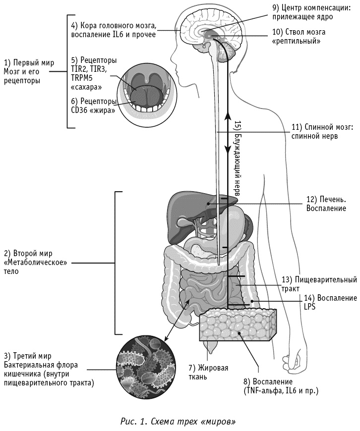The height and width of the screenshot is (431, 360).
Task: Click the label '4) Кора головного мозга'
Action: [x=114, y=30]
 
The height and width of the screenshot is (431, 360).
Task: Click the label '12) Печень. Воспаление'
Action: [x=326, y=204]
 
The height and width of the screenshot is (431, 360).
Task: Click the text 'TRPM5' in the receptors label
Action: [x=82, y=78]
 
